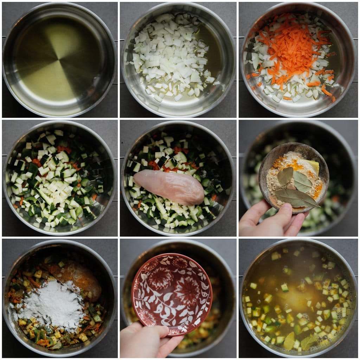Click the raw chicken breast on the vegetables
(x=169, y=187)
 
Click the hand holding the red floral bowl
(x=148, y=339)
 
